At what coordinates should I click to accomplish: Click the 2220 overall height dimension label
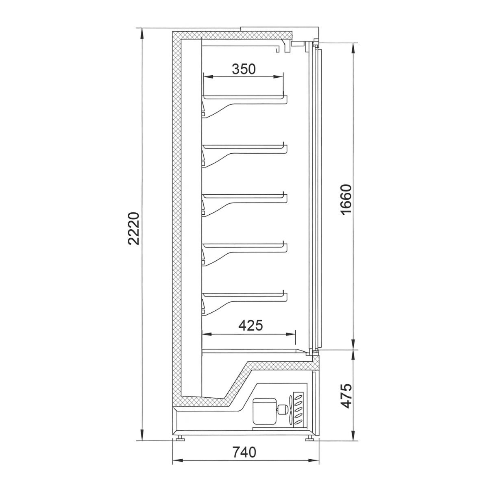coord(134,228)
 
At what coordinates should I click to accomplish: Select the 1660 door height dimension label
coord(345,200)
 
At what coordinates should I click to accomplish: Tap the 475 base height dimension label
coord(345,395)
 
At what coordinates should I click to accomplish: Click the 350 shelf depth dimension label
coord(244,69)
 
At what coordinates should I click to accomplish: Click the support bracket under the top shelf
coord(220,110)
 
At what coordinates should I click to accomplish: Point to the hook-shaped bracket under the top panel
coord(279,48)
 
